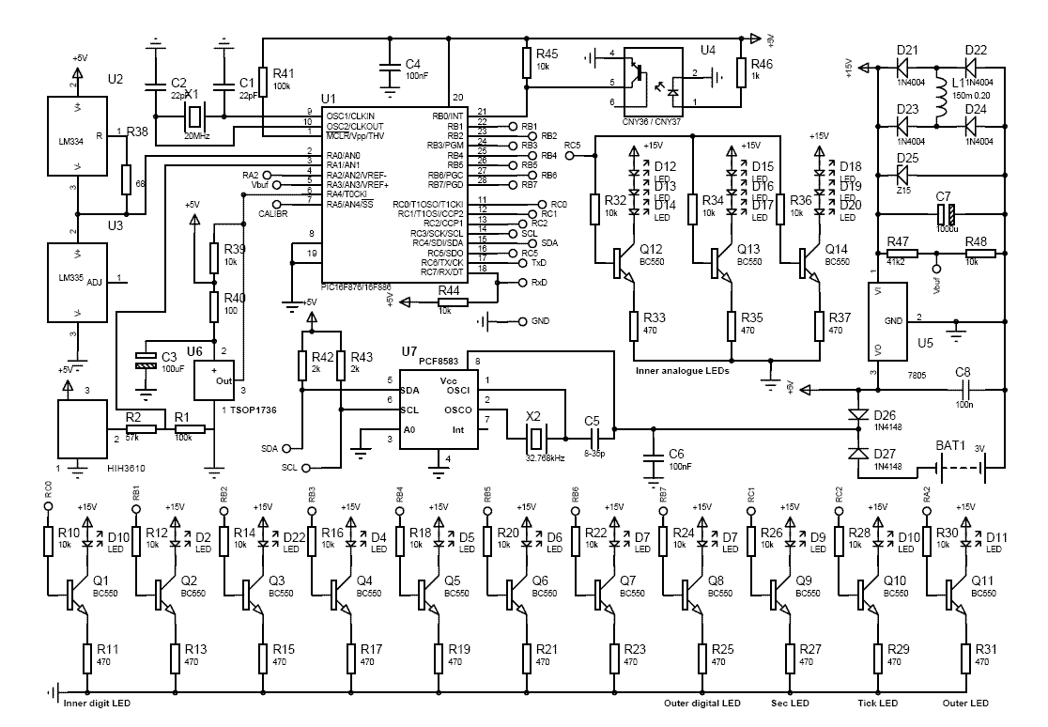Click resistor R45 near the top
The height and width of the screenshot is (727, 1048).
527,63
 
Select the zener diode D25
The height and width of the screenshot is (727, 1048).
903,175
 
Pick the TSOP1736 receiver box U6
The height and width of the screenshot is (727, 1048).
217,379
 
